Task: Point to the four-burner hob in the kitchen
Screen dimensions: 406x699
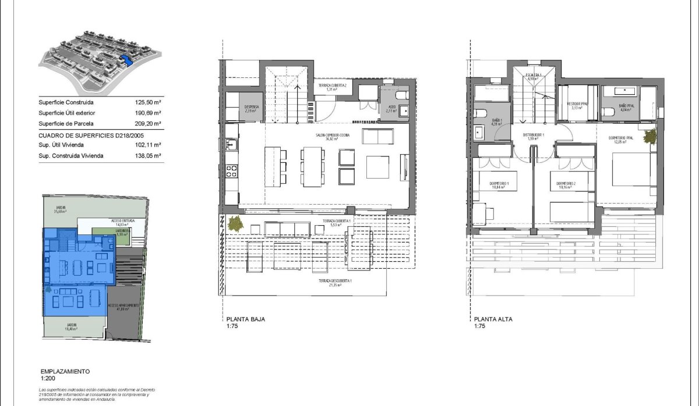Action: [231, 172]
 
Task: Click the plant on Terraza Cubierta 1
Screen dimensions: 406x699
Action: [235, 223]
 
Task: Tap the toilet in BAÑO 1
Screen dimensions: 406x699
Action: [479, 113]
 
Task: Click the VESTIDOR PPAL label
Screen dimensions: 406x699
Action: [577, 105]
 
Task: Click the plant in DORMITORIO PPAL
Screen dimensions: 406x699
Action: [651, 137]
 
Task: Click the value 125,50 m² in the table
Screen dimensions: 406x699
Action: [147, 102]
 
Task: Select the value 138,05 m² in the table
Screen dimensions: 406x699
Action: [147, 155]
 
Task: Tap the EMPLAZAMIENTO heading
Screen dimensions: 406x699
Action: [65, 371]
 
